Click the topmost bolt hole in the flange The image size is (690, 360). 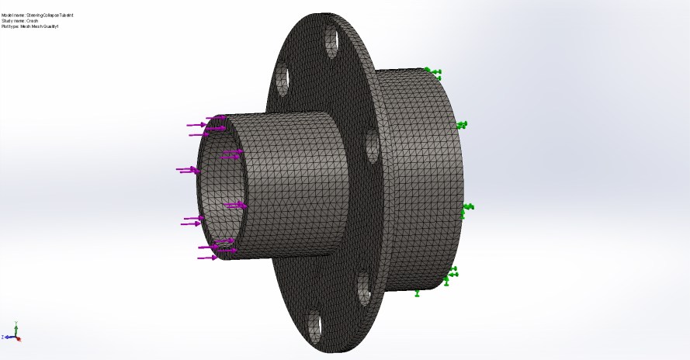(x=331, y=40)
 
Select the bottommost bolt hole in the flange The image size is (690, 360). (x=314, y=326)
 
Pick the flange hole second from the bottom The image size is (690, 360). (x=364, y=288)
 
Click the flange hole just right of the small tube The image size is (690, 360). (x=372, y=146)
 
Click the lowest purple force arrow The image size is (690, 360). (x=207, y=258)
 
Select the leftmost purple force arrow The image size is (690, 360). (x=186, y=169)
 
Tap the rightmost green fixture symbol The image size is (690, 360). (x=468, y=207)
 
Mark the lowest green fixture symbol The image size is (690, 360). (x=418, y=293)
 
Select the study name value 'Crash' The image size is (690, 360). (x=32, y=21)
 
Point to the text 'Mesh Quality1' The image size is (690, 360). (x=45, y=27)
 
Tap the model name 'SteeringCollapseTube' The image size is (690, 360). (x=50, y=15)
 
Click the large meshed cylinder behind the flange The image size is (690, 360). (x=419, y=178)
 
